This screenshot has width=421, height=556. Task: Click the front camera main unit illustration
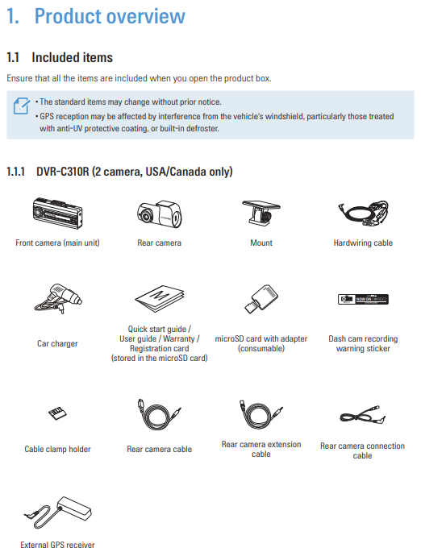click(x=57, y=213)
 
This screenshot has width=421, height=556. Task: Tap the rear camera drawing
click(x=160, y=214)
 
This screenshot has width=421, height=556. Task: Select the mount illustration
click(x=261, y=213)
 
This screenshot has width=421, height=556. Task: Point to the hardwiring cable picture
click(x=363, y=213)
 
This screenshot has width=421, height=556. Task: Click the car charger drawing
click(x=58, y=299)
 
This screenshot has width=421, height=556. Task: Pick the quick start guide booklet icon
click(x=160, y=299)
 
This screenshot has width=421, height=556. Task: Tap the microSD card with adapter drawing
click(x=261, y=299)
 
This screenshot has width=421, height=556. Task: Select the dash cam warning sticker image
click(x=363, y=299)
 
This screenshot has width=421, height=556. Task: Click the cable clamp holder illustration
click(x=57, y=413)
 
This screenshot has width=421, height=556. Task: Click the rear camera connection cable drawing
click(x=362, y=415)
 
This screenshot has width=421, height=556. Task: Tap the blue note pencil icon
click(x=22, y=106)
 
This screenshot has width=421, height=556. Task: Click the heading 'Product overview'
click(x=110, y=16)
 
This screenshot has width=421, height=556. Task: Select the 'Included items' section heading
click(x=72, y=57)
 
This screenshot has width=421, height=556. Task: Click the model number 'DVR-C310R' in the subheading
click(x=62, y=172)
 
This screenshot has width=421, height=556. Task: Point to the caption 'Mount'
click(x=261, y=243)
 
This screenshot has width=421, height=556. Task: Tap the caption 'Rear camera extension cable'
click(x=261, y=450)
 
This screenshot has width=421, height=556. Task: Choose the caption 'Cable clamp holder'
click(x=57, y=450)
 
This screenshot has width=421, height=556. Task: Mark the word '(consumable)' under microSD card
click(x=261, y=349)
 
